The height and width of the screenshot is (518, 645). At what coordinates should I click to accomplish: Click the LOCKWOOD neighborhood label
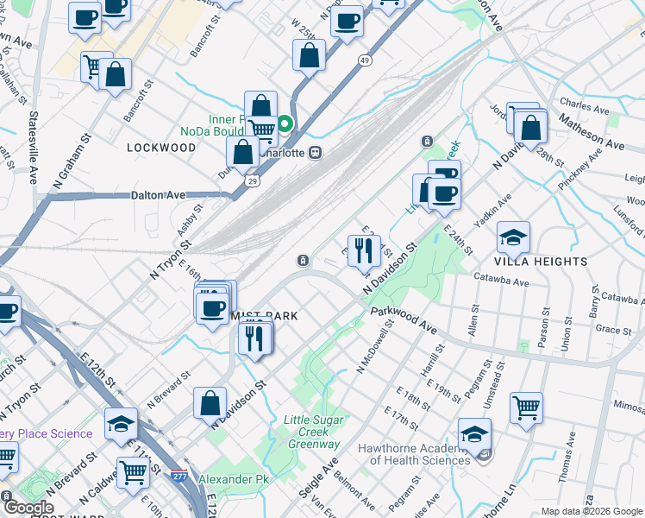[x=161, y=148]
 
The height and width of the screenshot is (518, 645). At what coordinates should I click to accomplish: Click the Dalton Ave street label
[x=159, y=196]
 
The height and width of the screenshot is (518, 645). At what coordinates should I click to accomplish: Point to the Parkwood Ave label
[x=404, y=321]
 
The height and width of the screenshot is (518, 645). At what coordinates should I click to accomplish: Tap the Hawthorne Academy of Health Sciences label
[x=421, y=454]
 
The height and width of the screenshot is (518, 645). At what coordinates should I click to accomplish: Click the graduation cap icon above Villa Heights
[x=513, y=237]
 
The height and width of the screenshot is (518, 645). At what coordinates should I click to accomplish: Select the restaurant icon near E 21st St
[x=364, y=250]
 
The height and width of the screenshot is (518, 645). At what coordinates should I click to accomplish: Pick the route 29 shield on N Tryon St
[x=251, y=181]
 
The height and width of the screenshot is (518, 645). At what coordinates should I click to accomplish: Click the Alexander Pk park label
[x=234, y=479]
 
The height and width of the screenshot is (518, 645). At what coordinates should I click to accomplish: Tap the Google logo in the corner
[x=28, y=508]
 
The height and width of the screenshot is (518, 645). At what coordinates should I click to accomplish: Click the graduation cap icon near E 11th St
[x=122, y=423]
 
